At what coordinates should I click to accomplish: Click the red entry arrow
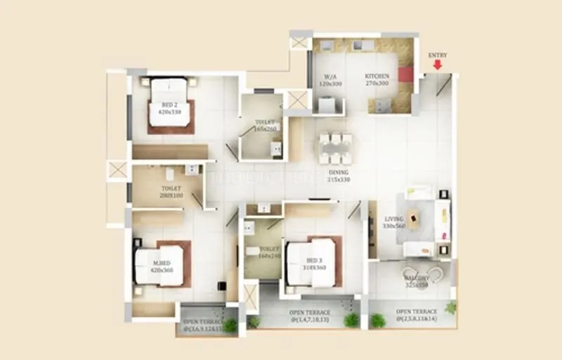(438, 65)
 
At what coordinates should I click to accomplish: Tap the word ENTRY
(437, 55)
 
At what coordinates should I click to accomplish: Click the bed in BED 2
(169, 105)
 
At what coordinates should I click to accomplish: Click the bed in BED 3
(311, 264)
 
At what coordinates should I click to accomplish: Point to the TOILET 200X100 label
(171, 192)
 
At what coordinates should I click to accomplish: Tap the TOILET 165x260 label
(266, 124)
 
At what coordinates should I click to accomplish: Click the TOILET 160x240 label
(269, 252)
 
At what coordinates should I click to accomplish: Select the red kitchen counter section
(405, 75)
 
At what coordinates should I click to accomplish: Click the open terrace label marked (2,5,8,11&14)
(416, 315)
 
